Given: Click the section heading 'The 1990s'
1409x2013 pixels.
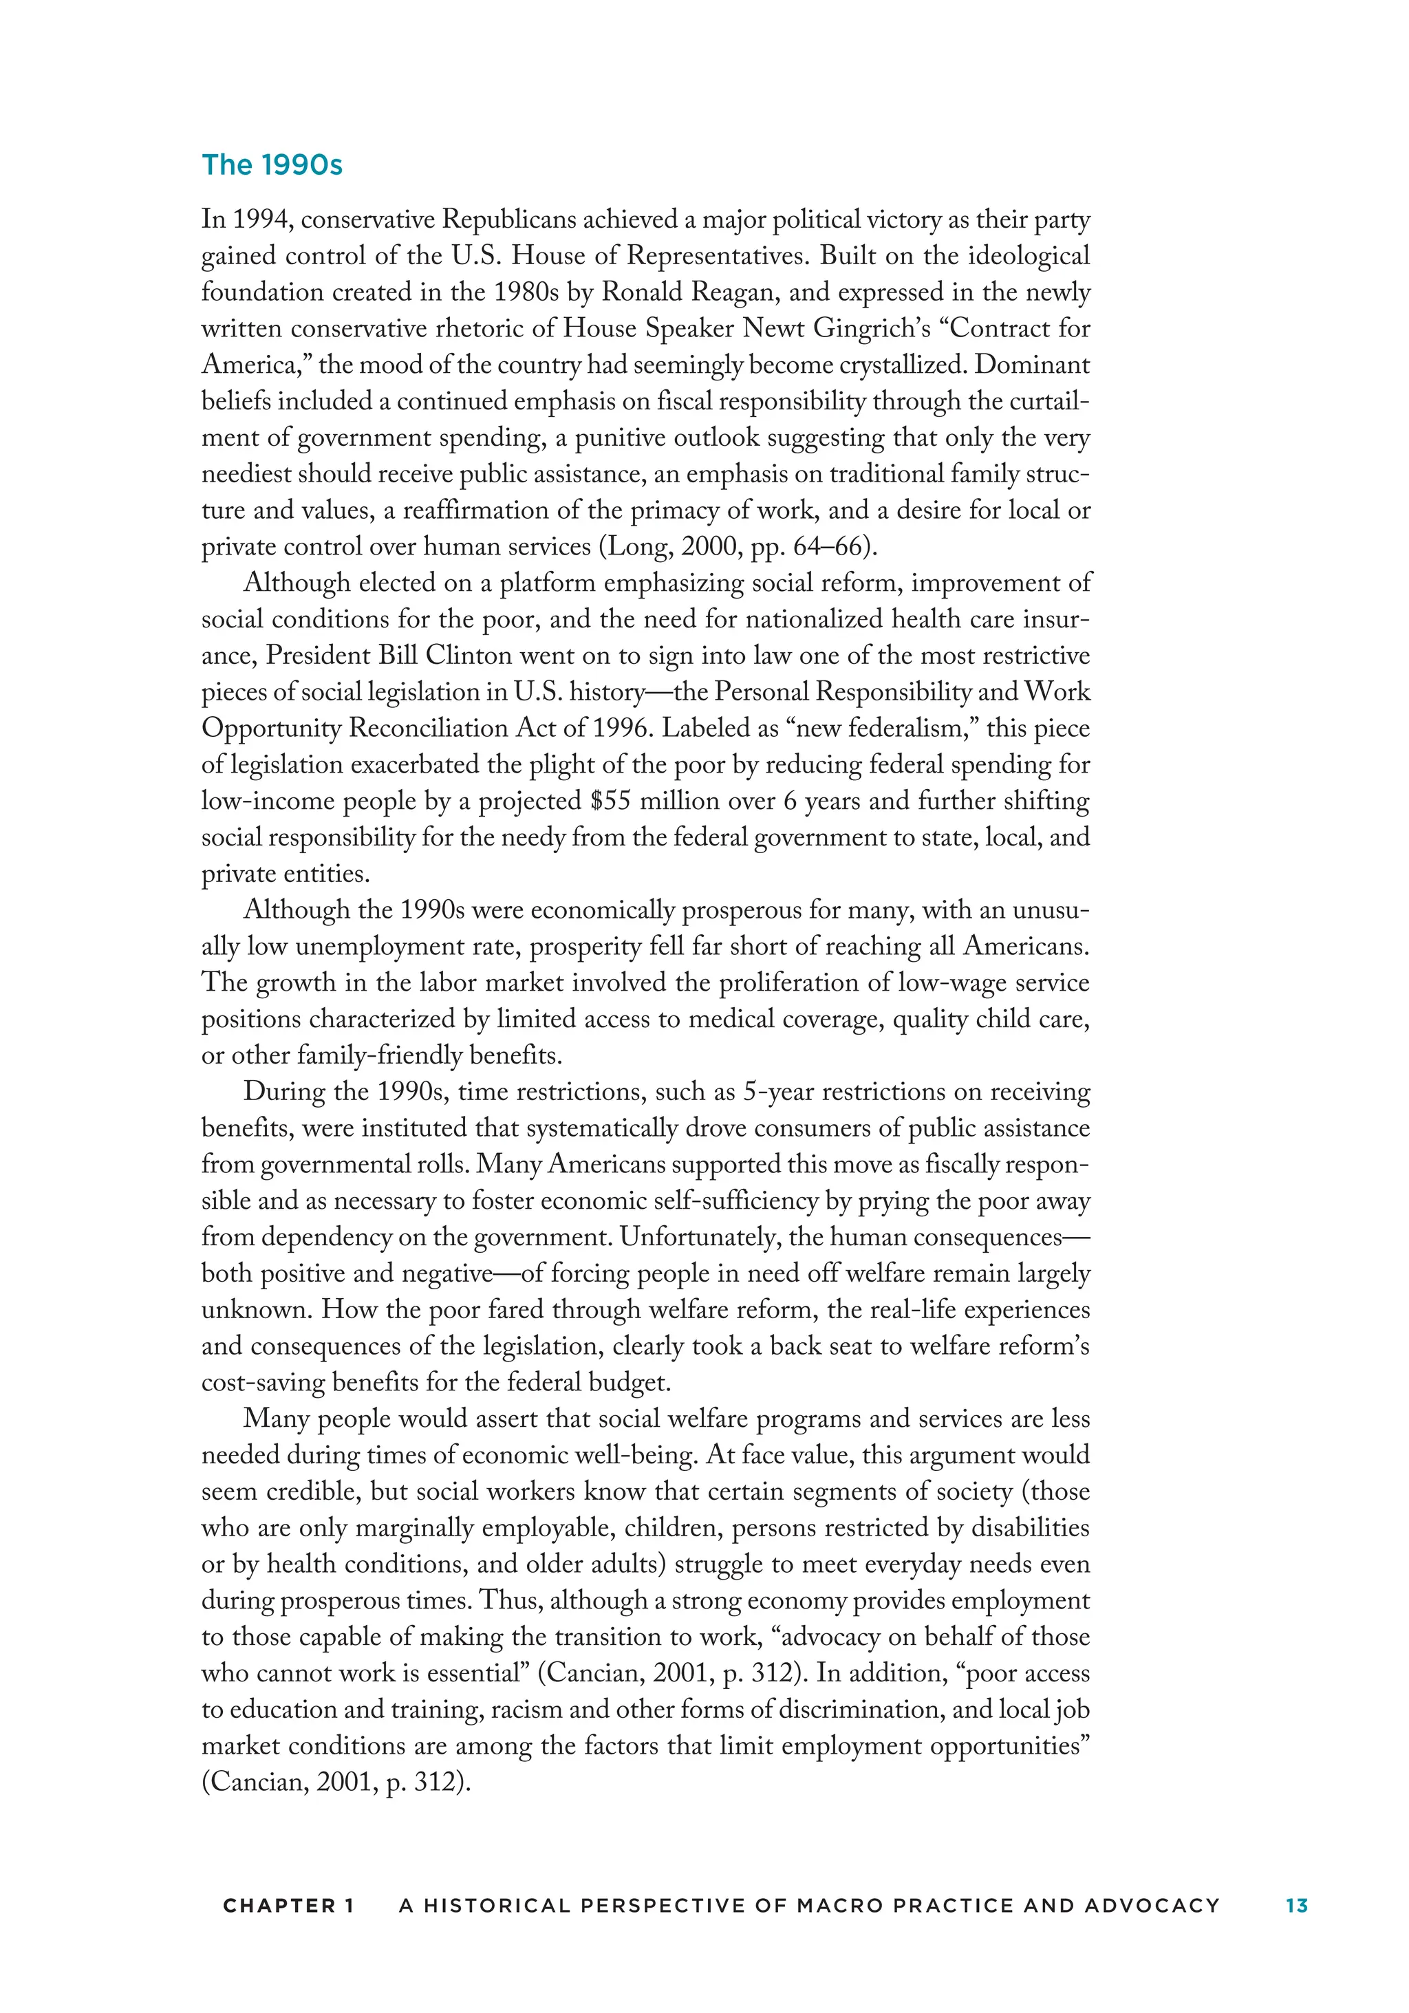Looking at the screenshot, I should [272, 165].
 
